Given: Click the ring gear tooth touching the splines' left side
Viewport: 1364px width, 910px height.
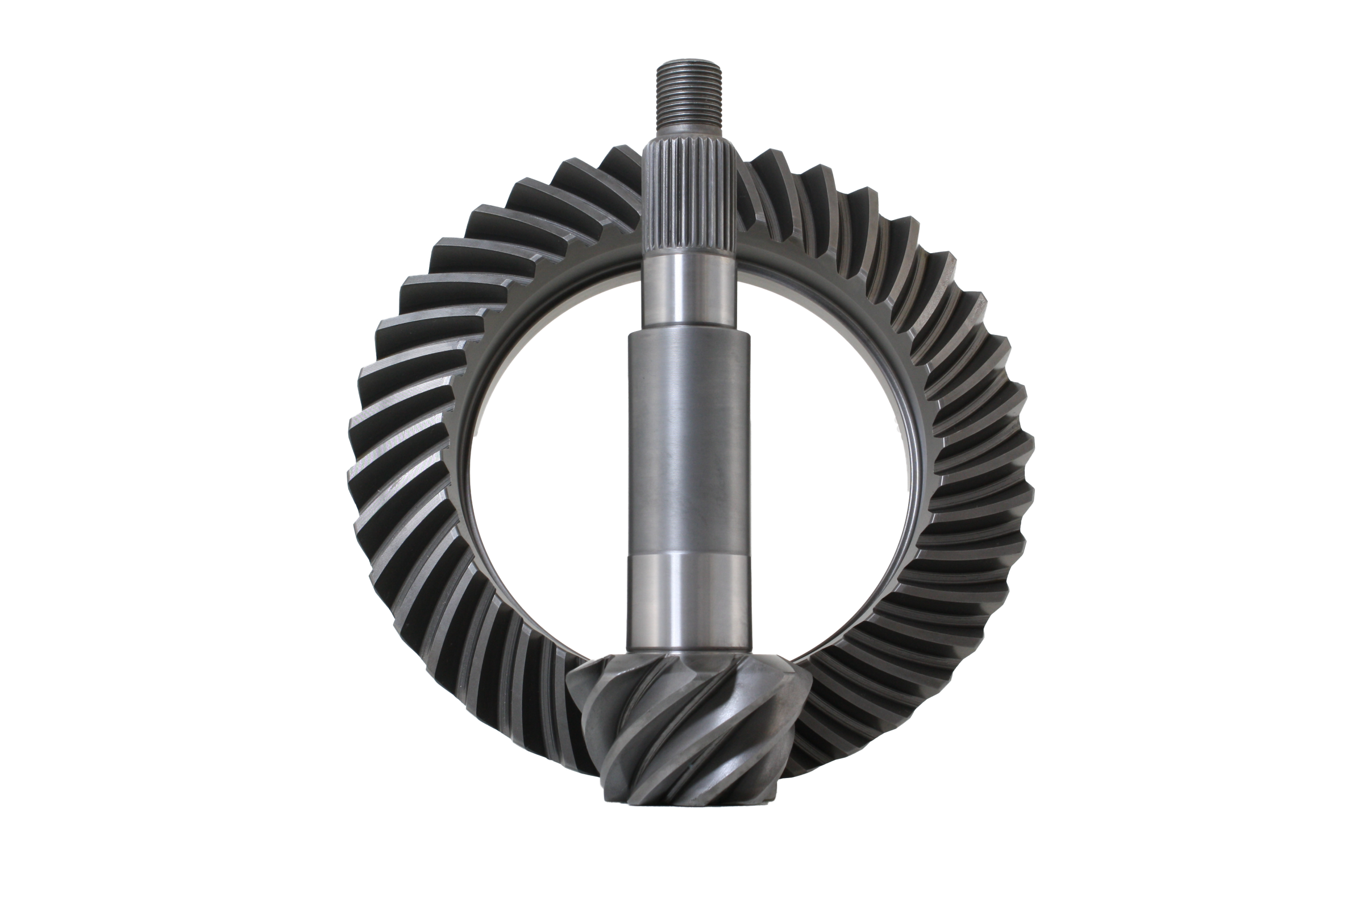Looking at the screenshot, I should click(621, 168).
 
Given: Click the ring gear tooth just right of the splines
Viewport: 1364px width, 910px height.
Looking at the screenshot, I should click(766, 174).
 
